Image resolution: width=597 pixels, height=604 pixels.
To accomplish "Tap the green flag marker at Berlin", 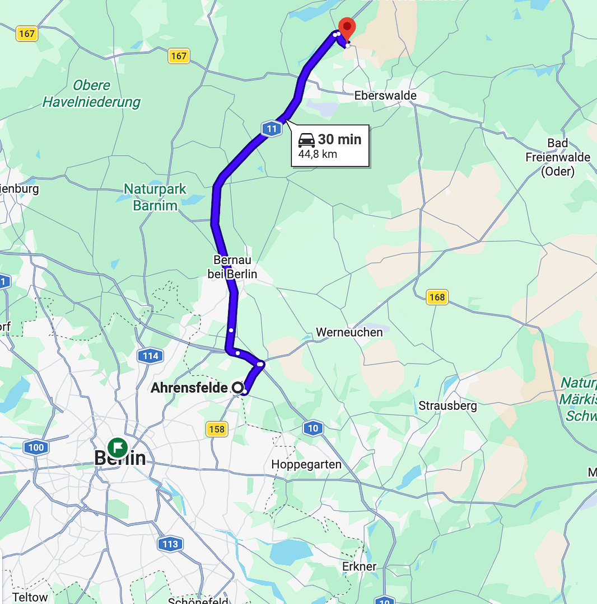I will [118, 447].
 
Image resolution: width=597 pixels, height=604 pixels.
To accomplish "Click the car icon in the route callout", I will [306, 140].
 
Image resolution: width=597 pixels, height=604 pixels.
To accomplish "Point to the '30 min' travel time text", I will [340, 139].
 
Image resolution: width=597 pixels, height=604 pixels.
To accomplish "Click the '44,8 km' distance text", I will [318, 154].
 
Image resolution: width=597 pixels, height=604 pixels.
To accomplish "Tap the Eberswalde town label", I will [385, 96].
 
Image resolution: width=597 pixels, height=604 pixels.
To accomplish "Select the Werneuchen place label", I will [349, 332].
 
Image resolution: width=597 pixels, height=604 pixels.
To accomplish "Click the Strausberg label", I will [447, 405].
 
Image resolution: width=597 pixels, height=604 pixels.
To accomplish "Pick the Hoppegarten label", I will [306, 464].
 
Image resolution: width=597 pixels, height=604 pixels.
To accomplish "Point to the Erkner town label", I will [360, 567].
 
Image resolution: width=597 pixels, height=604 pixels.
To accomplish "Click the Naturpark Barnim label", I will [155, 197].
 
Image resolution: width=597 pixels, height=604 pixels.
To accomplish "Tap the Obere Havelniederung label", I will [92, 94].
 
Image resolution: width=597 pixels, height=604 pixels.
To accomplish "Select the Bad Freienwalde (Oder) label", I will [558, 157].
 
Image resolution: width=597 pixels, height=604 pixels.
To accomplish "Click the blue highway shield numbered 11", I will [272, 129].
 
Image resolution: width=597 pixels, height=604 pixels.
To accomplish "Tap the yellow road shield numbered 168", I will [437, 297].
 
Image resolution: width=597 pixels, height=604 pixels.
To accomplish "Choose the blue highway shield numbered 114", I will [150, 355].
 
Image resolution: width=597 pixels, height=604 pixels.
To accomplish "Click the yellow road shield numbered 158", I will [217, 430].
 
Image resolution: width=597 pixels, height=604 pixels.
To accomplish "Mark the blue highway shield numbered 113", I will [170, 544].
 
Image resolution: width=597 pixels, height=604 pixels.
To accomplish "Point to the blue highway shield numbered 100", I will [35, 447].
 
